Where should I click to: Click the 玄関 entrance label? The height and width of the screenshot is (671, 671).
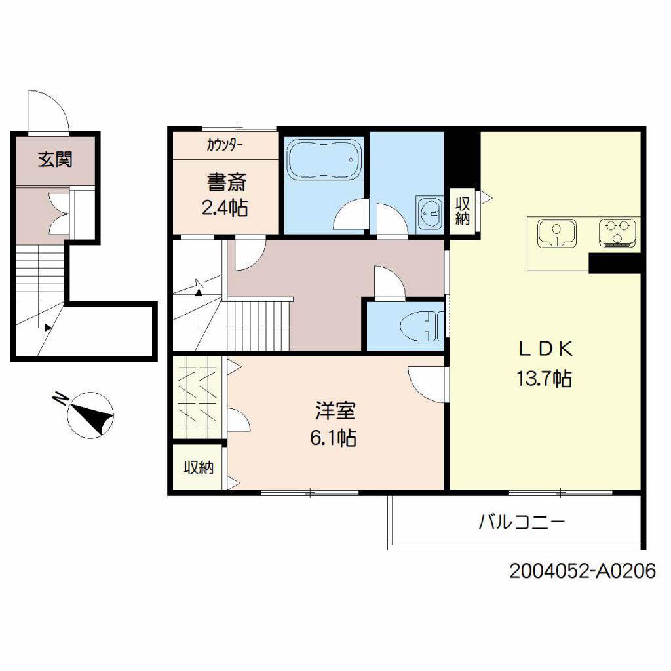tap(54, 159)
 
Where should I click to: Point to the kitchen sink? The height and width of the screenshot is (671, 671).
tap(556, 233)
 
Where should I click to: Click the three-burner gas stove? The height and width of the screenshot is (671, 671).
tap(619, 233)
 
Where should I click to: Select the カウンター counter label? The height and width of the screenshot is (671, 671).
tap(225, 145)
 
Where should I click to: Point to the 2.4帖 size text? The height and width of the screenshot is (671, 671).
tap(224, 208)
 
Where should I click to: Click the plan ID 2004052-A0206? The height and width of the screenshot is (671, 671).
tap(582, 571)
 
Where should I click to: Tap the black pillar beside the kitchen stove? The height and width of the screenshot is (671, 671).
tap(614, 263)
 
